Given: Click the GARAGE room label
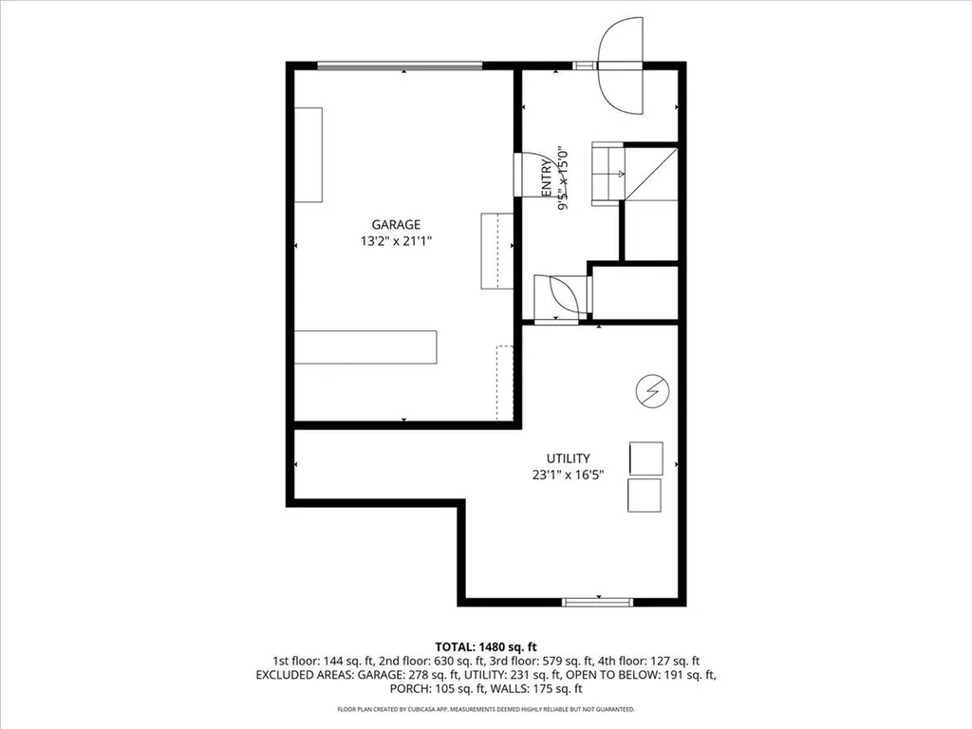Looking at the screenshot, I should [396, 225].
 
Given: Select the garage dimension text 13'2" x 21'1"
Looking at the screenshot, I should [396, 241].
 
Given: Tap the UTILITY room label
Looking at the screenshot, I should [570, 458].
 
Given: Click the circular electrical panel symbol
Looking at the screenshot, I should [652, 389].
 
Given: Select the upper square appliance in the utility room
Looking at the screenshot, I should [645, 458].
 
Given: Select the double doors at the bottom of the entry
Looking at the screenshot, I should [560, 297].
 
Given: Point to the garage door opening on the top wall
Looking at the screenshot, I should [399, 65].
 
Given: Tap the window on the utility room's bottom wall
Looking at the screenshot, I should [597, 602].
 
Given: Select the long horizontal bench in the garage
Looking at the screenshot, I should [365, 346].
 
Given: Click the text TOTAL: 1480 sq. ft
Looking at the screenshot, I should [485, 645].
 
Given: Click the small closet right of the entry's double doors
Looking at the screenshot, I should [634, 292].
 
